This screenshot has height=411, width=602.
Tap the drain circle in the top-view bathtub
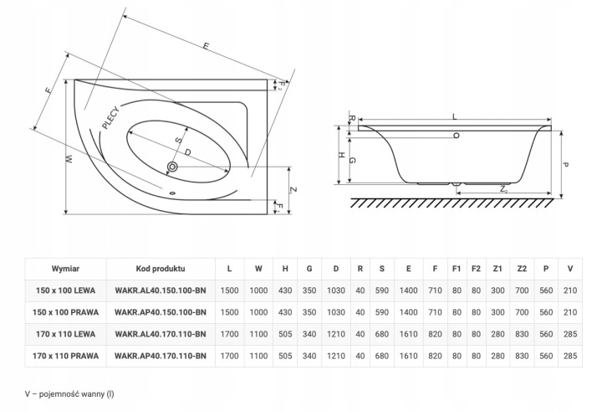(172, 167)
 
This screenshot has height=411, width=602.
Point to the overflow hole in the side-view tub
(456, 135)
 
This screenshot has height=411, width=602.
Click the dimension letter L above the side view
(454, 118)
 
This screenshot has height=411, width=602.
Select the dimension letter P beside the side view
(566, 165)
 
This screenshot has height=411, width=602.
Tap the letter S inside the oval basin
(177, 140)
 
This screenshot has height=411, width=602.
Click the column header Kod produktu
(160, 270)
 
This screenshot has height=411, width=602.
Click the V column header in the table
(570, 270)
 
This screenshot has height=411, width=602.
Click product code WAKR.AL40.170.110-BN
(160, 333)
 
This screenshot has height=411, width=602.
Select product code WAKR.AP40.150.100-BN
(160, 312)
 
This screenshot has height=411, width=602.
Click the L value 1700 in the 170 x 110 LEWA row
(229, 333)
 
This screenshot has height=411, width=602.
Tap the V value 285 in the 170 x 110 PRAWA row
(570, 355)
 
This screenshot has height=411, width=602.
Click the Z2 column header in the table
(522, 270)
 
